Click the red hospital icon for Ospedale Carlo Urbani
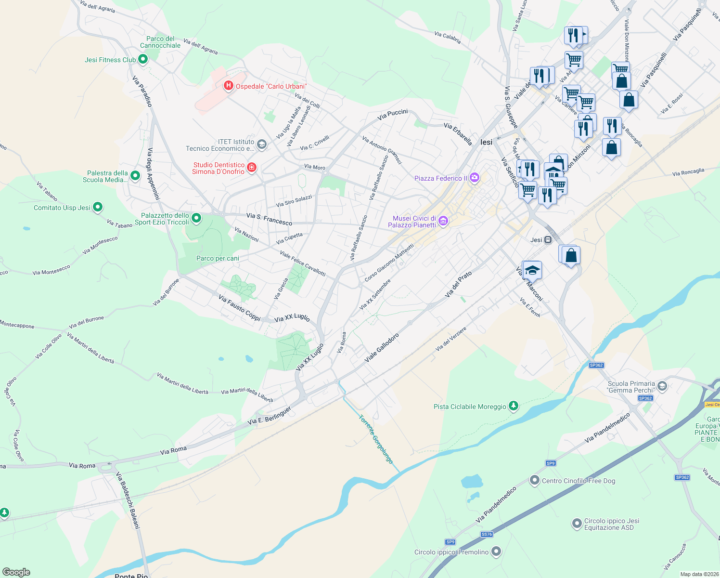click(229, 86)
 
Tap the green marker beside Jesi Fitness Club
click(142, 59)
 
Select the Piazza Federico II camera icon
click(475, 178)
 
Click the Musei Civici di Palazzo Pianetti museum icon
click(443, 221)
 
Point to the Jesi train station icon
click(548, 239)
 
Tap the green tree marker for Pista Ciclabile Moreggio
click(514, 406)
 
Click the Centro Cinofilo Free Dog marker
click(534, 480)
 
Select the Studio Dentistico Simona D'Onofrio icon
click(251, 168)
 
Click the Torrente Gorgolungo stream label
click(376, 439)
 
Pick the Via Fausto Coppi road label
click(239, 308)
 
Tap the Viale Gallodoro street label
click(382, 348)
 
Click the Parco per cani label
click(218, 258)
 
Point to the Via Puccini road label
click(392, 115)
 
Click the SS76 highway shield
click(487, 534)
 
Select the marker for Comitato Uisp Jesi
click(98, 207)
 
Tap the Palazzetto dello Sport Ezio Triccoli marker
click(196, 219)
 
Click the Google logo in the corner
click(16, 572)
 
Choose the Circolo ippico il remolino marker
click(497, 552)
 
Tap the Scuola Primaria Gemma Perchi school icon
click(662, 386)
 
